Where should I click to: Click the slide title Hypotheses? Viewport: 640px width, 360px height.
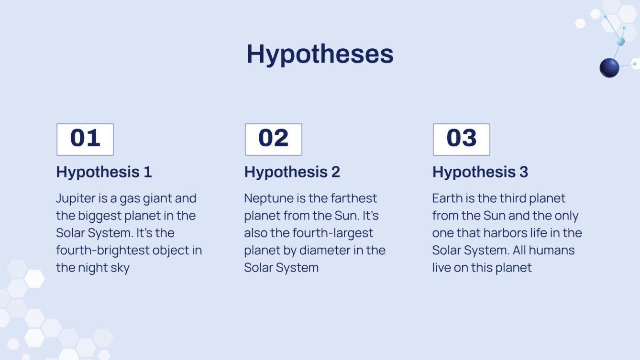pyautogui.click(x=320, y=55)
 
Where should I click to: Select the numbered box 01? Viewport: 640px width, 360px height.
pyautogui.click(x=85, y=139)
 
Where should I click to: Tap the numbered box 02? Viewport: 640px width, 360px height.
pyautogui.click(x=274, y=139)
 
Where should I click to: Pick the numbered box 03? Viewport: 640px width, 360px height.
pyautogui.click(x=462, y=139)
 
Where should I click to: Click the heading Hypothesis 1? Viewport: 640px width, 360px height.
pyautogui.click(x=104, y=172)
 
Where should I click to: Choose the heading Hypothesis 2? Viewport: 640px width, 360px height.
pyautogui.click(x=292, y=172)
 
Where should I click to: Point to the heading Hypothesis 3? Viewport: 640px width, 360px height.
pyautogui.click(x=480, y=172)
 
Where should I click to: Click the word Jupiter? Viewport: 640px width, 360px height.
pyautogui.click(x=76, y=199)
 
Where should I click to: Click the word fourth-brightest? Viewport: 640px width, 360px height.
pyautogui.click(x=103, y=251)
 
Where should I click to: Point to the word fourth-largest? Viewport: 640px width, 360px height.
pyautogui.click(x=333, y=233)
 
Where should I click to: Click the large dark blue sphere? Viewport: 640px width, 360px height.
pyautogui.click(x=609, y=68)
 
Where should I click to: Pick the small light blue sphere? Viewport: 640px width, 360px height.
pyautogui.click(x=621, y=42)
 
